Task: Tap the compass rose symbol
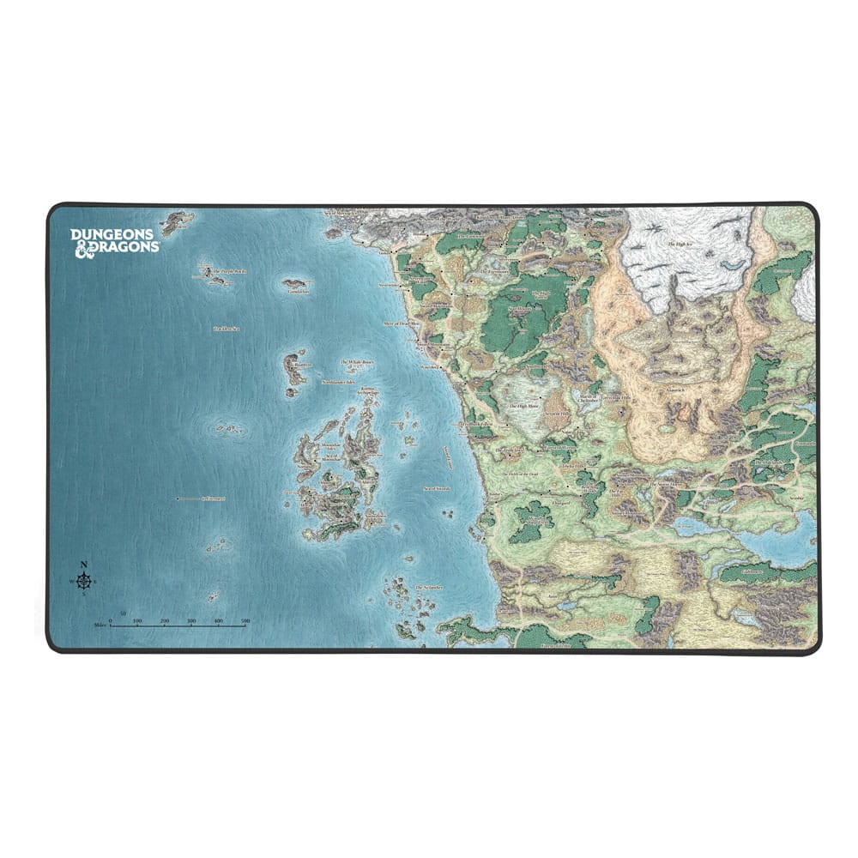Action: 83,583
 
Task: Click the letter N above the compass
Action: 83,564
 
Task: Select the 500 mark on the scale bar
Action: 245,619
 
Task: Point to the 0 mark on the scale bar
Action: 111,619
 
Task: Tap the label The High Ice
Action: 680,244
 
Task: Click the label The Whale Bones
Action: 358,363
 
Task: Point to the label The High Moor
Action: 523,406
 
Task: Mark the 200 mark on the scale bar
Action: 164,619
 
